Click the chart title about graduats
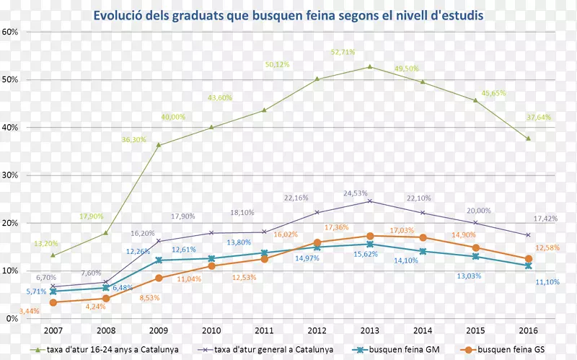(288, 14)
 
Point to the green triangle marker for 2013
(369, 67)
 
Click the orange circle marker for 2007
(53, 302)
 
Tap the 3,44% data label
(29, 311)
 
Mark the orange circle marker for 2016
(528, 259)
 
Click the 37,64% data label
(538, 117)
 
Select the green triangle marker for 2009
(159, 145)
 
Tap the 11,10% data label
(546, 282)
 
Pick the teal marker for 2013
(369, 245)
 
